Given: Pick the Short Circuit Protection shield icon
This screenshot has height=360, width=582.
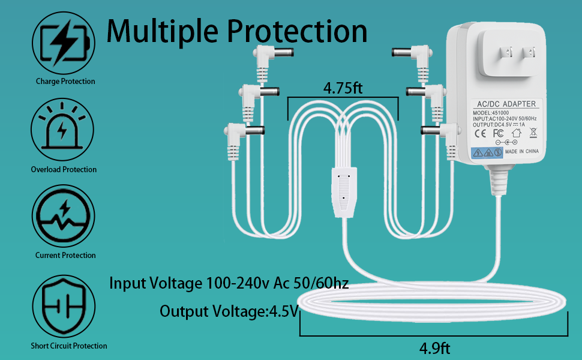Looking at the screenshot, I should (64, 303).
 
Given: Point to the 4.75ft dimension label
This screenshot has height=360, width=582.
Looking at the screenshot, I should (343, 88).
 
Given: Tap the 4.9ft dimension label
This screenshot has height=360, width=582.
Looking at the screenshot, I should (435, 348).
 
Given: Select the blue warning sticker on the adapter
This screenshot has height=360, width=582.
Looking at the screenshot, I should (487, 153).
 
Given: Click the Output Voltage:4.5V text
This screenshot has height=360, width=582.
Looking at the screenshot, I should (229, 311).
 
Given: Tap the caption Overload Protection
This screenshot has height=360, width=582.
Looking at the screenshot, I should (64, 170).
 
